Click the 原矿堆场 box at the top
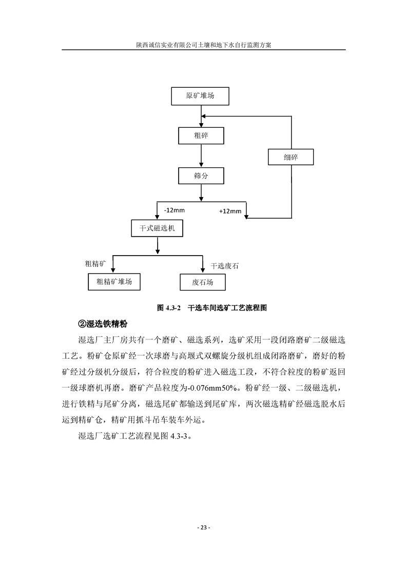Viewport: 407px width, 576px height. tap(200, 96)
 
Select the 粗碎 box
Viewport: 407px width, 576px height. tap(201, 136)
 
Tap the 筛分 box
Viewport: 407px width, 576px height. tap(201, 176)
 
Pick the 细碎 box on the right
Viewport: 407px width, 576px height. tap(290, 157)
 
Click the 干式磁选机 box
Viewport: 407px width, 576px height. tap(157, 228)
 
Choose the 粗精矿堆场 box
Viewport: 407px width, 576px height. tap(114, 282)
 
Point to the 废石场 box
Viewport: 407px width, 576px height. tap(202, 282)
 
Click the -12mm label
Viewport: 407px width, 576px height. tap(175, 210)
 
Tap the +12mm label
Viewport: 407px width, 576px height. tap(230, 211)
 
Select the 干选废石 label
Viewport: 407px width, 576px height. tap(224, 265)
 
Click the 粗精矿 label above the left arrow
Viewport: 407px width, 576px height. tap(95, 263)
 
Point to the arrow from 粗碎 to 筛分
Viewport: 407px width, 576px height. tap(201, 156)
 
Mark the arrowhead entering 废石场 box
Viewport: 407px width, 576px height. tap(203, 271)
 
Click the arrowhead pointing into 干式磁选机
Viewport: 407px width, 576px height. tap(157, 217)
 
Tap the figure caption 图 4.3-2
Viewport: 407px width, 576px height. tap(169, 308)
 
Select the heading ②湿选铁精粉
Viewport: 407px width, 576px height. tap(103, 323)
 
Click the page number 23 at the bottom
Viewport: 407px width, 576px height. tap(204, 528)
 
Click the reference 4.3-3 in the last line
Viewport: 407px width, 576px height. tap(179, 436)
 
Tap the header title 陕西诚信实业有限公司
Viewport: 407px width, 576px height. tap(167, 45)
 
